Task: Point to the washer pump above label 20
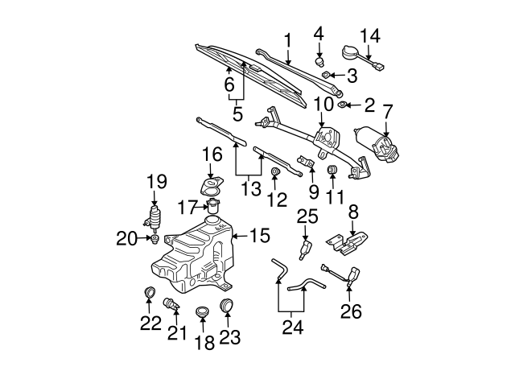click(153, 218)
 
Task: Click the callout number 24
click(292, 328)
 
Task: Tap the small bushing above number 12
click(275, 172)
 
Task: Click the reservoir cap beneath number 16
click(212, 186)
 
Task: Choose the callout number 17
click(187, 207)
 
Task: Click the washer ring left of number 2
click(343, 105)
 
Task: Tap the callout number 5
click(237, 114)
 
